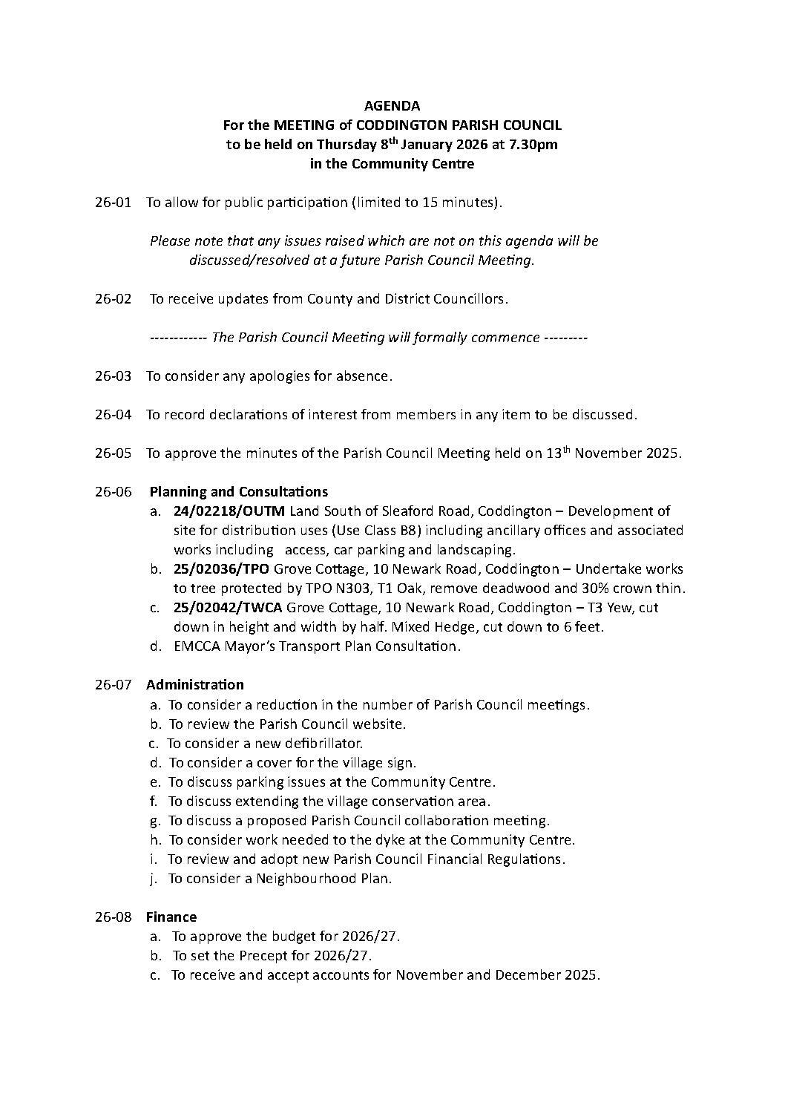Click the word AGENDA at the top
point(392,106)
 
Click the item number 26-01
point(113,203)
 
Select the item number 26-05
point(113,453)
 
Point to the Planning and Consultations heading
point(238,492)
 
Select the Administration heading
point(195,685)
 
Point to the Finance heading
point(171,917)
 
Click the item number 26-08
point(113,917)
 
